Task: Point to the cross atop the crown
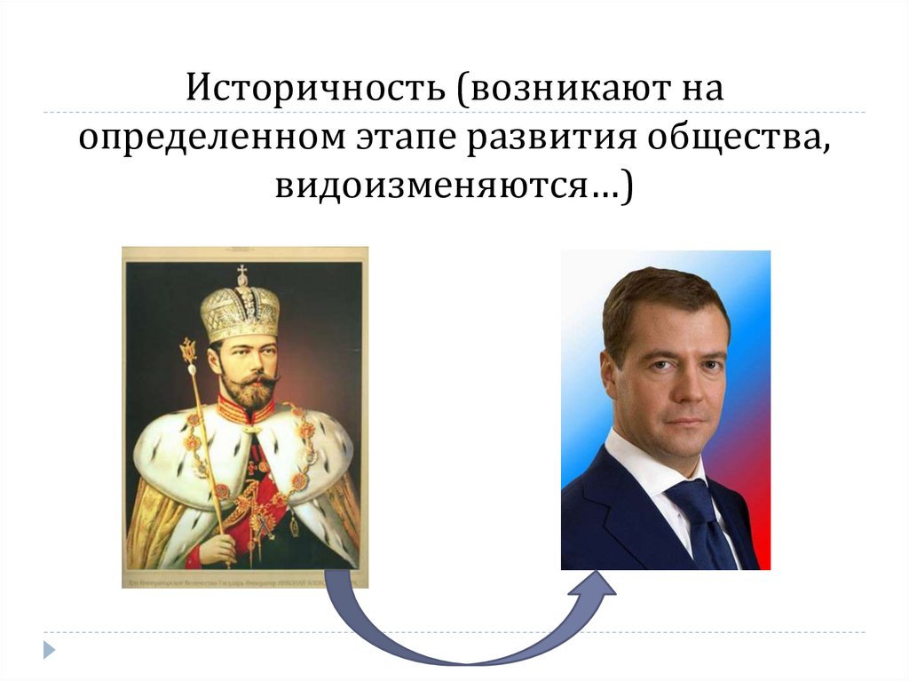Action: pos(241,273)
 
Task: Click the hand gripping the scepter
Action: pos(217,548)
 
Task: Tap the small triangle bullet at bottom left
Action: pos(50,649)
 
